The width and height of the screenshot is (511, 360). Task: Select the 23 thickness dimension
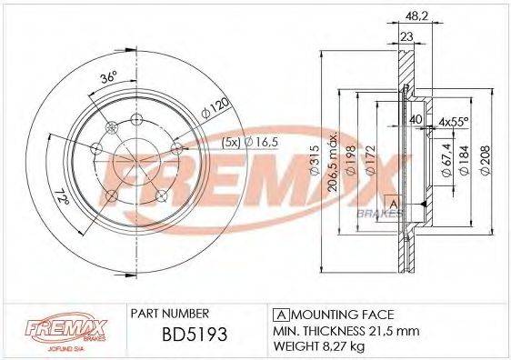[406, 35]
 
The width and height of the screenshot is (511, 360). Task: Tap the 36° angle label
[108, 80]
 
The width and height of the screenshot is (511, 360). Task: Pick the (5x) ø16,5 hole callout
[231, 142]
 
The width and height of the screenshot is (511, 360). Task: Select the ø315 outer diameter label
[315, 163]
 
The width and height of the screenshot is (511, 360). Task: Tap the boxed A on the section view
[393, 203]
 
